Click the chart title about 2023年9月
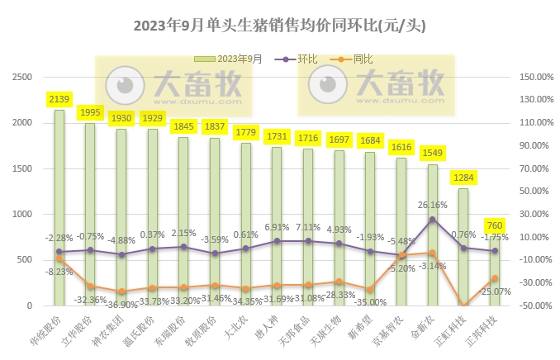[280, 26]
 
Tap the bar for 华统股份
[59, 206]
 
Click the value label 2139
[59, 100]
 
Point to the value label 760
[494, 225]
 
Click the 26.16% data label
[433, 205]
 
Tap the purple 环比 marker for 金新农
[433, 220]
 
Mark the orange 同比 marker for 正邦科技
[495, 278]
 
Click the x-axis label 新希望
[363, 325]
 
